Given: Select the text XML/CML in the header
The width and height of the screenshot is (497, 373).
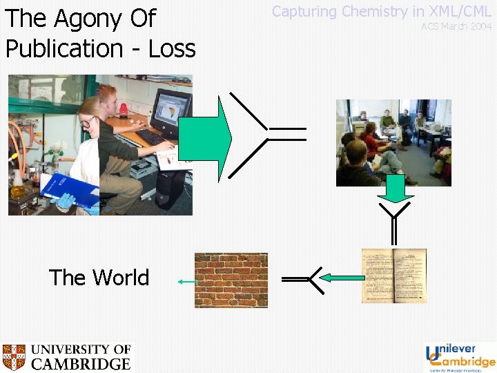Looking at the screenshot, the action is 460,11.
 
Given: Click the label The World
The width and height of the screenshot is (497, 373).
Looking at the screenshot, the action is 99,278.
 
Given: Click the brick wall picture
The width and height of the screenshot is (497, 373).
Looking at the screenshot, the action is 231,279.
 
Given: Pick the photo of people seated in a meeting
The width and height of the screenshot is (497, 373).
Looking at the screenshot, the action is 393,142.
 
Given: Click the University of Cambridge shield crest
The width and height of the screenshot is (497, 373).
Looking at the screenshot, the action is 13,357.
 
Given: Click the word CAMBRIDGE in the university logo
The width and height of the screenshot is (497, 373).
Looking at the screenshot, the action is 81,364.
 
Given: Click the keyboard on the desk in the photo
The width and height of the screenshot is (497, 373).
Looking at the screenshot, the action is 153,137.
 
